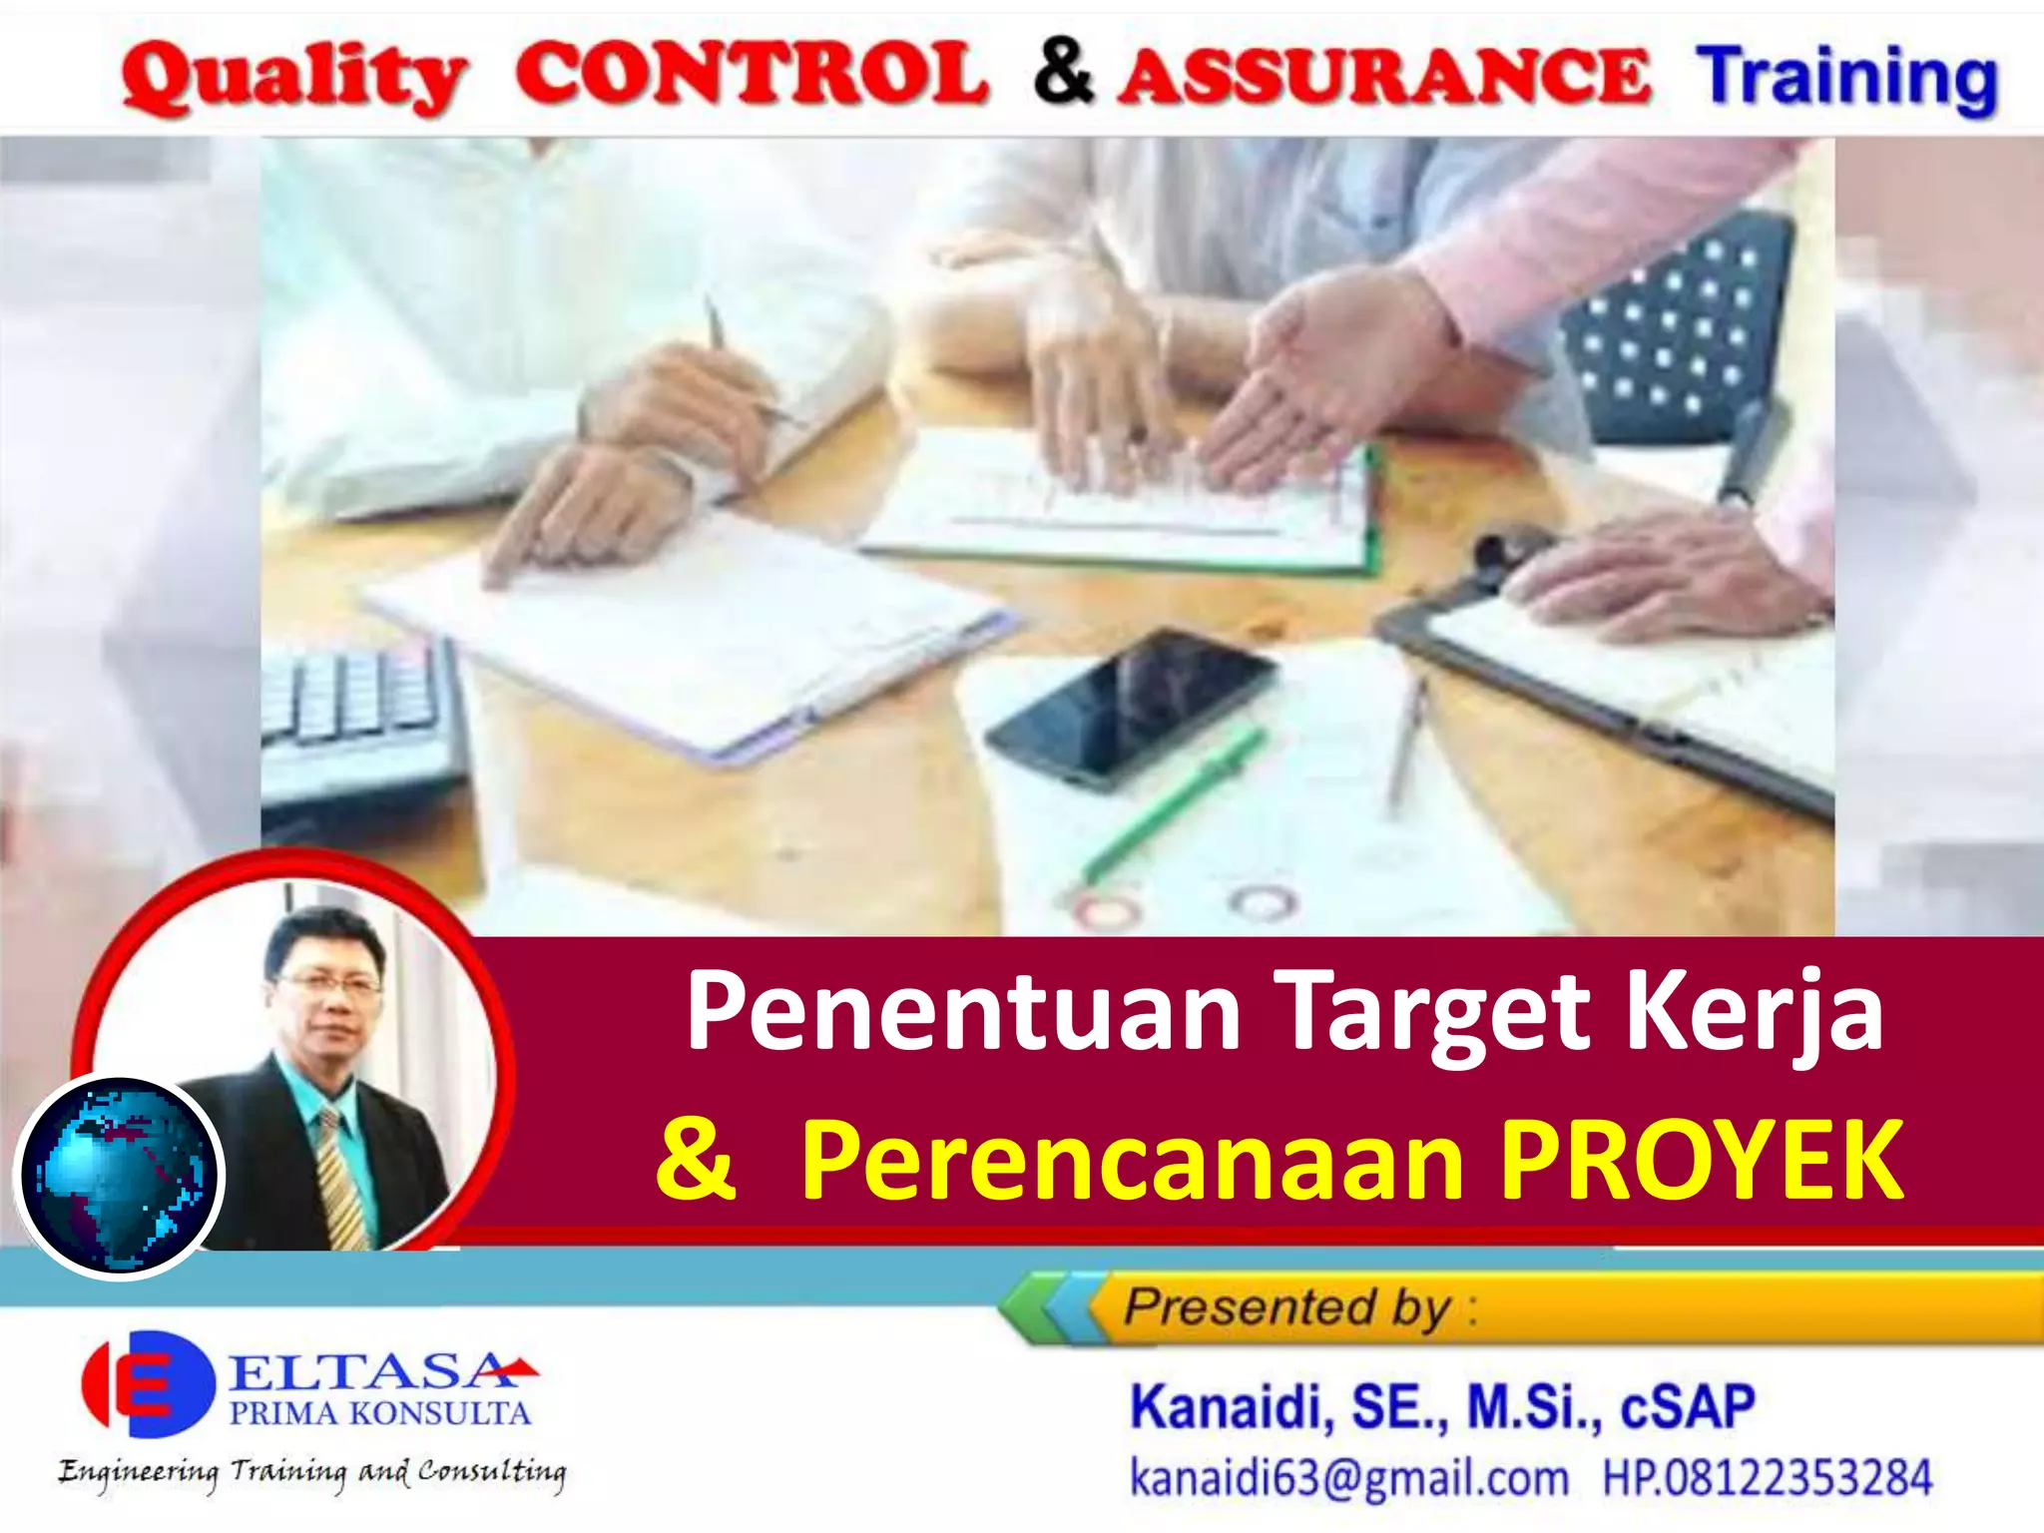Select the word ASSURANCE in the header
(1383, 78)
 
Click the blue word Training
(1847, 78)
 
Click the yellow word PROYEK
(1702, 1160)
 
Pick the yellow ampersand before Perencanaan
(696, 1160)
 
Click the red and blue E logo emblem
(148, 1382)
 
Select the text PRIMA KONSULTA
(379, 1413)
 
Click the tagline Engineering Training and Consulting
(311, 1473)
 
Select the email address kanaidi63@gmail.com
(1348, 1478)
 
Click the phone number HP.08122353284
(1767, 1478)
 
